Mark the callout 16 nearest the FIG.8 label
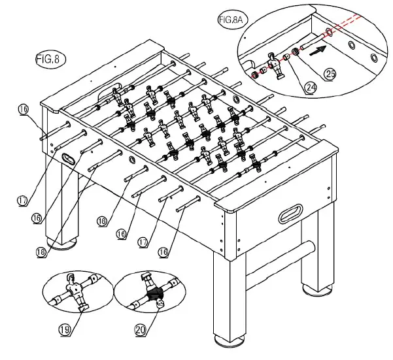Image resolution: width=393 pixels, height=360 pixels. pyautogui.click(x=23, y=112)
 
